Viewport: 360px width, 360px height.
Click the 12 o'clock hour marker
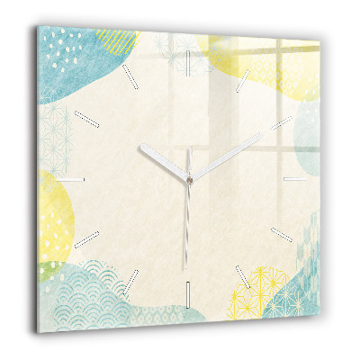click(x=190, y=62)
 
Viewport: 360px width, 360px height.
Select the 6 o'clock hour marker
click(x=188, y=292)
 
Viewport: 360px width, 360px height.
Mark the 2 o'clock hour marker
click(x=285, y=121)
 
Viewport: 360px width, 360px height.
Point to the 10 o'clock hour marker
click(x=90, y=120)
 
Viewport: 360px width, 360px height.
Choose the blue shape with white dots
click(x=81, y=63)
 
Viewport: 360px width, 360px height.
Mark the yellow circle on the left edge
click(x=54, y=211)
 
